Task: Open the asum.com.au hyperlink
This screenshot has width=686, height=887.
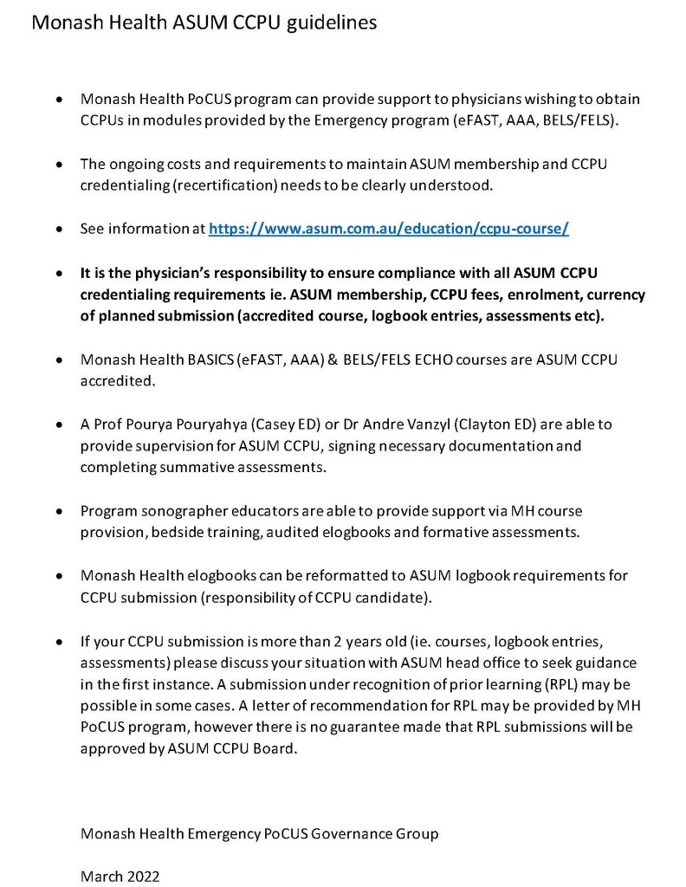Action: click(x=389, y=230)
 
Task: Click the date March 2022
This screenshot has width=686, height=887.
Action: click(x=120, y=877)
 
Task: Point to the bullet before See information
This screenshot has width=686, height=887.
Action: click(x=58, y=230)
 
